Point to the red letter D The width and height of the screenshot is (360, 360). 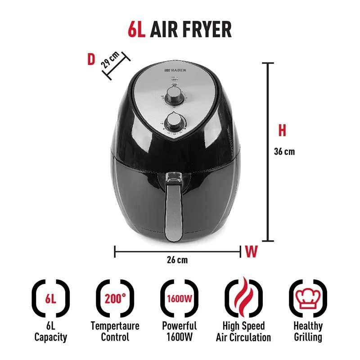91,59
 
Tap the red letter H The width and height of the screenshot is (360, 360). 282,130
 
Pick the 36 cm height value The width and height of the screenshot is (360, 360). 284,151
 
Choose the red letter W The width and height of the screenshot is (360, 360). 251,252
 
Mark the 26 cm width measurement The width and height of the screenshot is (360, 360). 177,260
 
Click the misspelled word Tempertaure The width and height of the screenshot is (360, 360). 115,326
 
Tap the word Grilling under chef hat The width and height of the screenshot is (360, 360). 308,337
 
